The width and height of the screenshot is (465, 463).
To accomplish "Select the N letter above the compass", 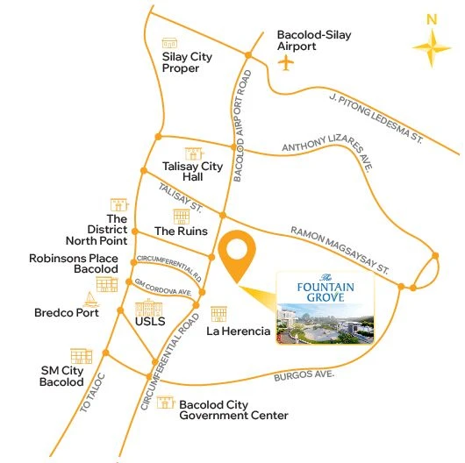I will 430,18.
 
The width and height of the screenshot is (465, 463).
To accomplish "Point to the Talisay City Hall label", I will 193,171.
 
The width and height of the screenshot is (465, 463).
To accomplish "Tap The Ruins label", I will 181,231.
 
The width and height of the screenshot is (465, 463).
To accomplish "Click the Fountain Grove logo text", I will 325,288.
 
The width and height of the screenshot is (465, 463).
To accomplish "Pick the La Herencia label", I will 238,332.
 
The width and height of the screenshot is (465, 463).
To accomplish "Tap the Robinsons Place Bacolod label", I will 73,264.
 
